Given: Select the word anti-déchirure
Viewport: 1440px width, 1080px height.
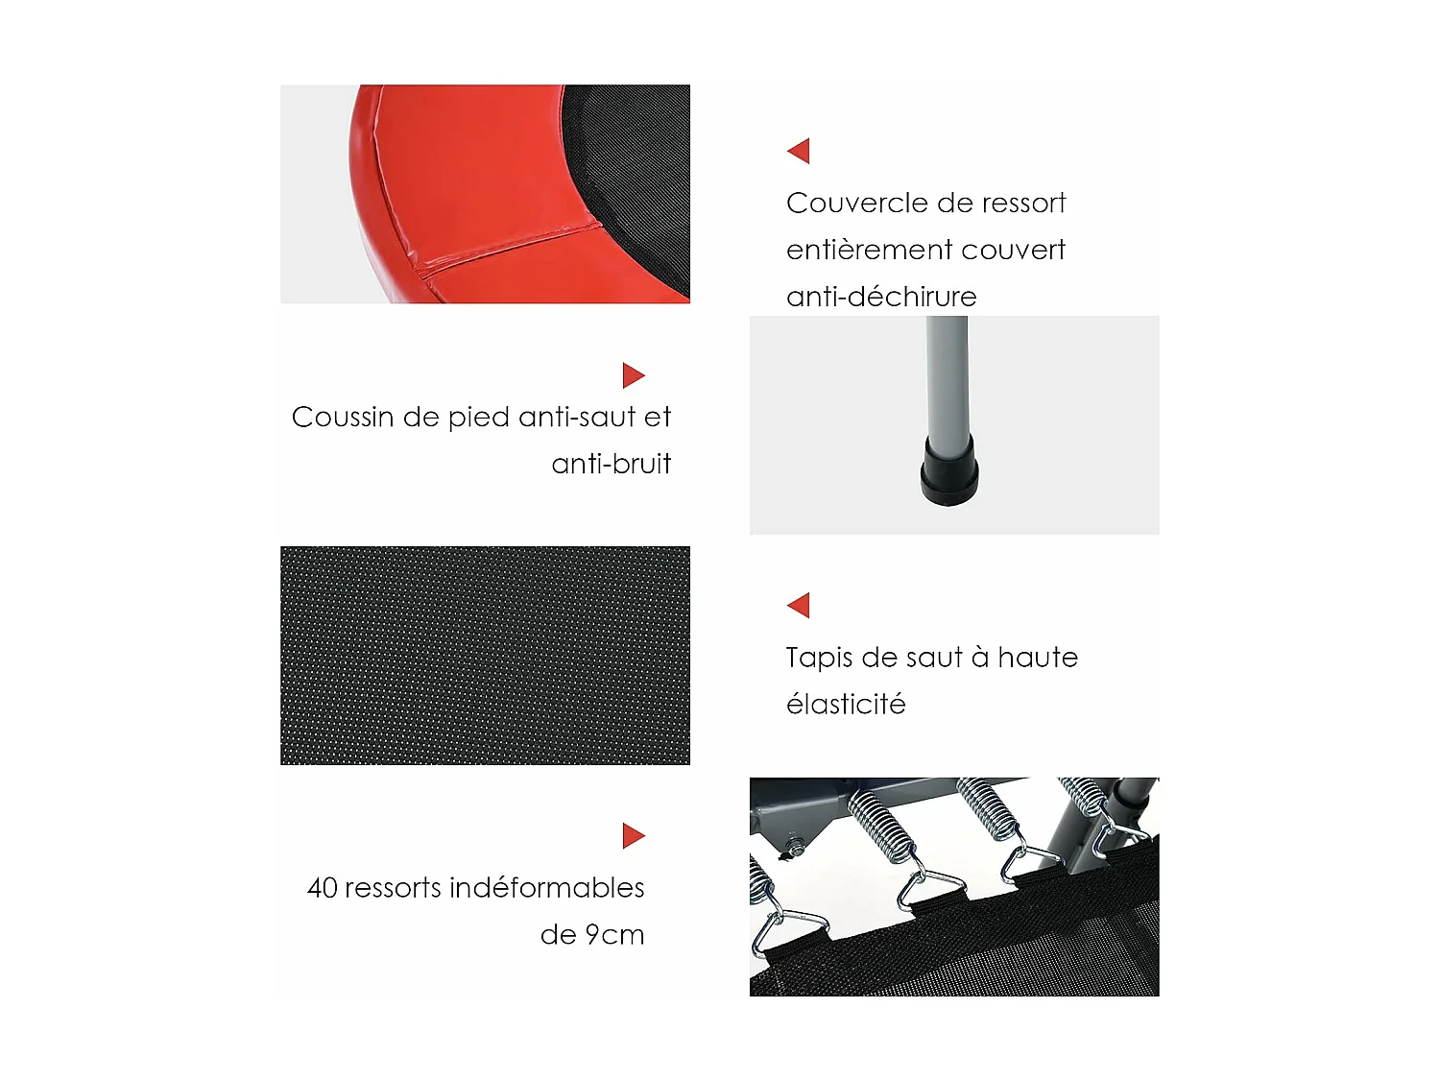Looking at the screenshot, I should click(881, 297).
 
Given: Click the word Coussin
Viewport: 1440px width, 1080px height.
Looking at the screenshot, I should click(343, 418).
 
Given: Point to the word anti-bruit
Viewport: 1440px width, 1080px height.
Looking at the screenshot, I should click(612, 464).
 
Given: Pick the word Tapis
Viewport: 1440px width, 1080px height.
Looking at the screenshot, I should click(819, 659).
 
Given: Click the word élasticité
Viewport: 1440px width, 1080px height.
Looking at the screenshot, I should click(846, 705).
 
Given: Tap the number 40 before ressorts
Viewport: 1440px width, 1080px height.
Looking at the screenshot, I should click(323, 888).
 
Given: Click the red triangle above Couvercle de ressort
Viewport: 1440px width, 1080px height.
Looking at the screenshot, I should click(800, 151).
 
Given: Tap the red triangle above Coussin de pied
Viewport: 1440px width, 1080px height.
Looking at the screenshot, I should click(633, 375).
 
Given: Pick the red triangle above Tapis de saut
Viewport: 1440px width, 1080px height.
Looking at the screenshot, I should click(800, 605).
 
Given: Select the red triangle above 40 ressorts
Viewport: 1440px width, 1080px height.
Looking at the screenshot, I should click(633, 835).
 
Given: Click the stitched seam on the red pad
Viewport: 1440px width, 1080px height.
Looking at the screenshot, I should click(509, 246).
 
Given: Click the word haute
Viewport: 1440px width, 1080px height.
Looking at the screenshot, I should click(1038, 658).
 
